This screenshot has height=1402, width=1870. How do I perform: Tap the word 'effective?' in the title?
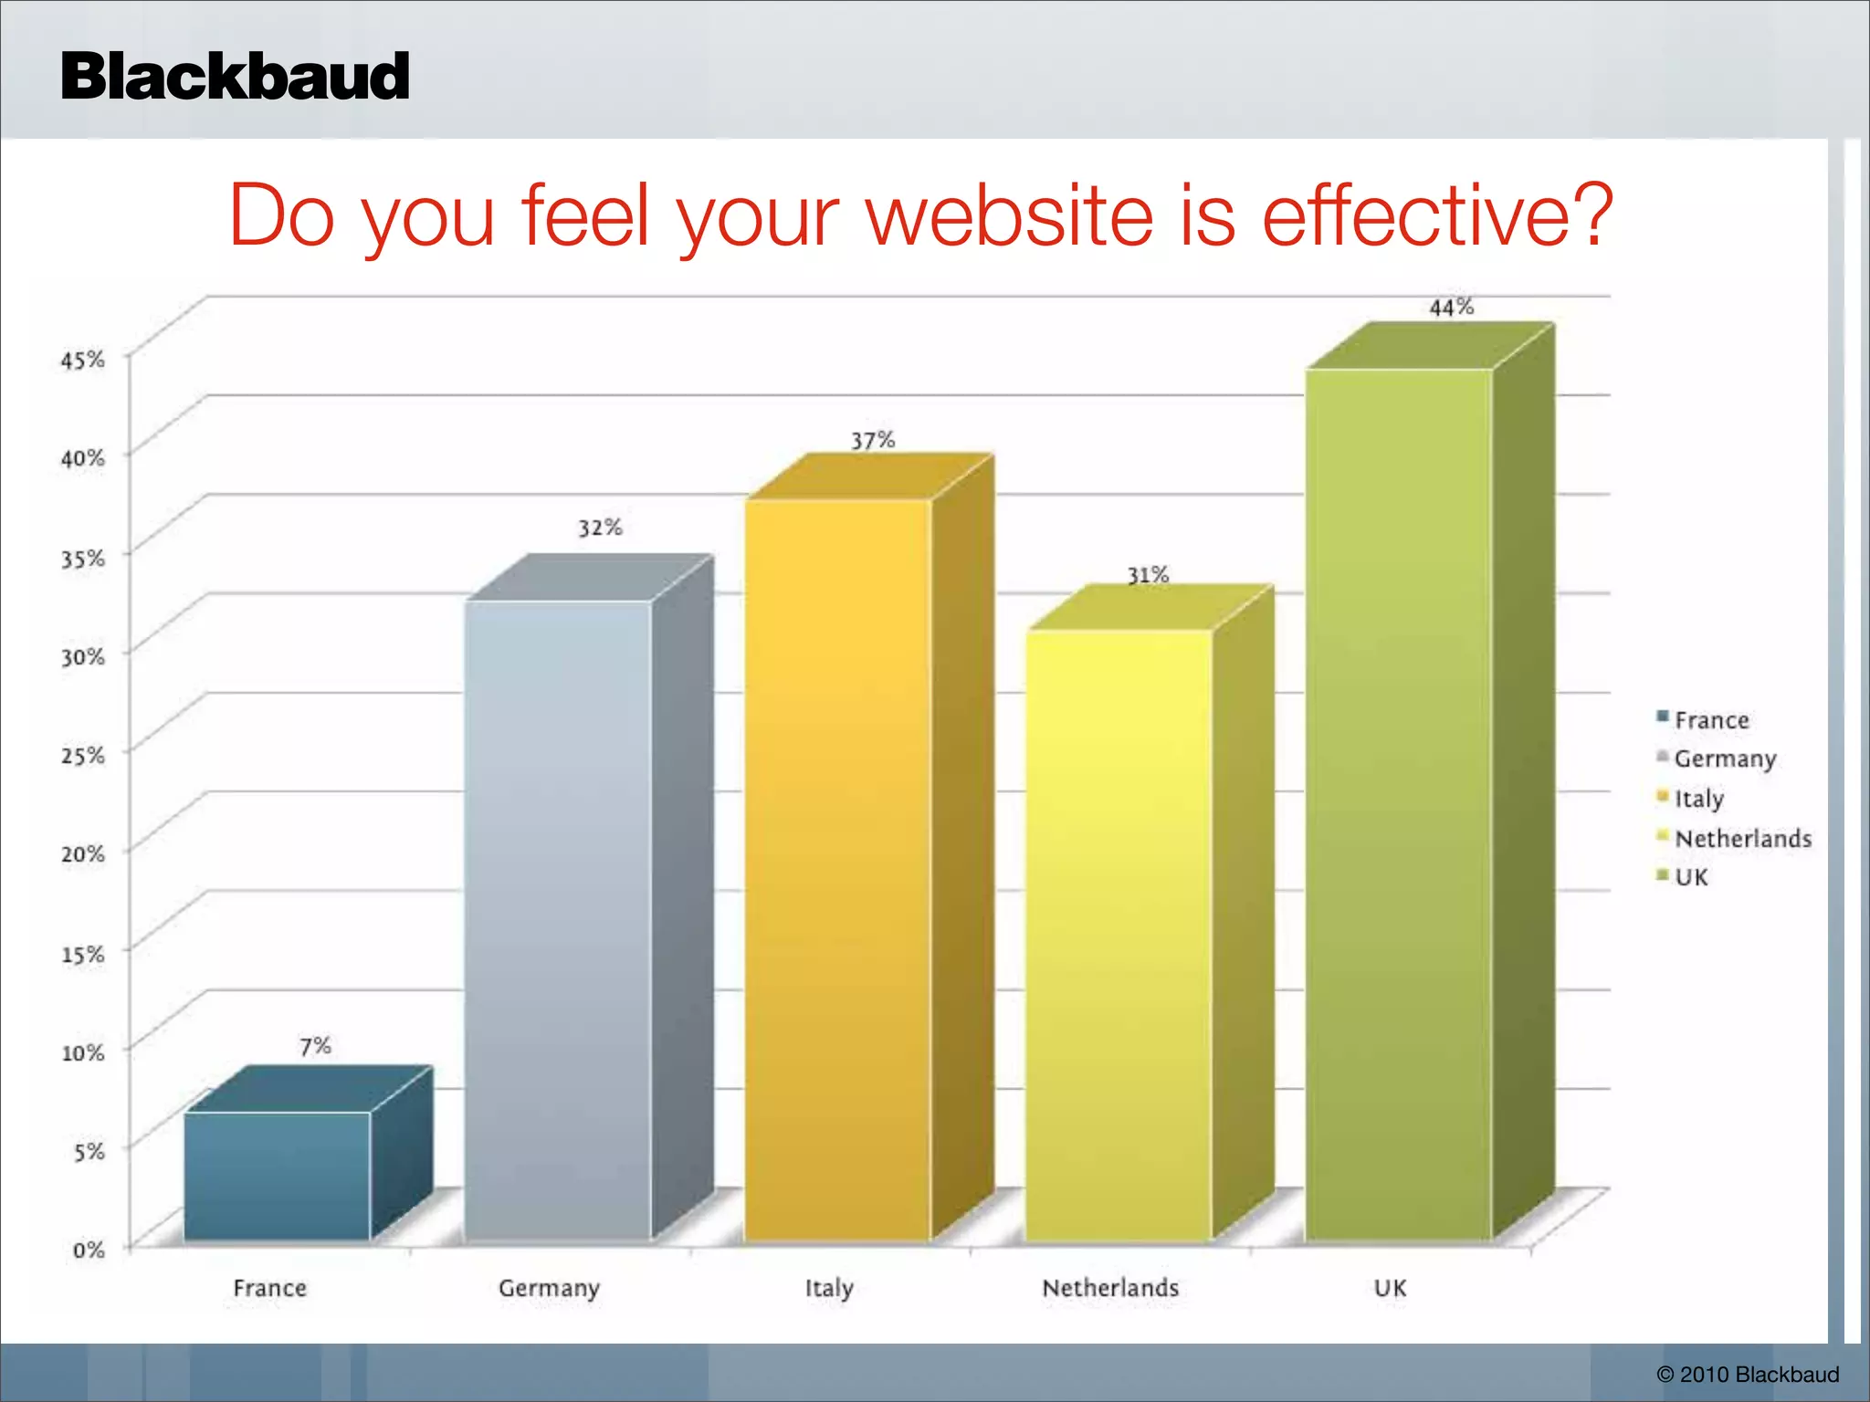1437,216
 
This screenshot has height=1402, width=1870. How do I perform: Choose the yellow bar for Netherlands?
1119,935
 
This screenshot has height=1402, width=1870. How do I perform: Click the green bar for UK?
1399,803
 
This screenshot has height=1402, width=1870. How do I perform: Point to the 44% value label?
1451,308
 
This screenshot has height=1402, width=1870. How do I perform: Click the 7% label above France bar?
315,1046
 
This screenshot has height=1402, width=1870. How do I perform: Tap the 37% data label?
873,441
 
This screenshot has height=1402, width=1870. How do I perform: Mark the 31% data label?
1148,575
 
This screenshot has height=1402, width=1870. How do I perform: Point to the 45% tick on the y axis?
83,360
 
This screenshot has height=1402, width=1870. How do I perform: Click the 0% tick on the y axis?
89,1250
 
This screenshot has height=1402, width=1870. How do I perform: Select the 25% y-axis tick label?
83,756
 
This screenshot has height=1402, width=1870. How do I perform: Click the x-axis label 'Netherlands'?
1110,1288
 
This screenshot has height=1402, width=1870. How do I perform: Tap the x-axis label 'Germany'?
549,1288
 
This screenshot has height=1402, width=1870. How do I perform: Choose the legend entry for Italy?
1697,799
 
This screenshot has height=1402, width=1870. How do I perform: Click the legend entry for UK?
1689,877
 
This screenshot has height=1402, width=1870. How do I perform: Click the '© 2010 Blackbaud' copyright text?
1748,1375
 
